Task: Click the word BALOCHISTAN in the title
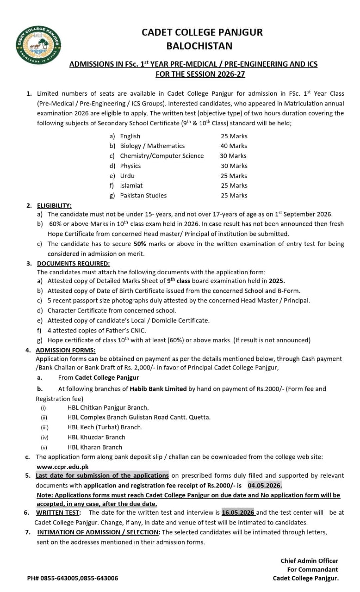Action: (199, 46)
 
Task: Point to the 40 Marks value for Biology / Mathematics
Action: (234, 146)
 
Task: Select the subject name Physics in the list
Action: (130, 166)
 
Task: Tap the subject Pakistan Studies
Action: (143, 195)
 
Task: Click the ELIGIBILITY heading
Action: (54, 205)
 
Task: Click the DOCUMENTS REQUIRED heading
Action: (73, 263)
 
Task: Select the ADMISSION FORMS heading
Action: (65, 350)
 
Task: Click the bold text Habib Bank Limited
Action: (158, 388)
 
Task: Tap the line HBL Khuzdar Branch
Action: (96, 437)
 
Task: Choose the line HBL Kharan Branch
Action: (94, 447)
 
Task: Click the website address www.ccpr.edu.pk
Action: (62, 467)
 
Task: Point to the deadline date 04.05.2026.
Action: (264, 485)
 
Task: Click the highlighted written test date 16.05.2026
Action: (238, 512)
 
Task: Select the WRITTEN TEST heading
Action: (58, 512)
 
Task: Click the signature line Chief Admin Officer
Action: (309, 561)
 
